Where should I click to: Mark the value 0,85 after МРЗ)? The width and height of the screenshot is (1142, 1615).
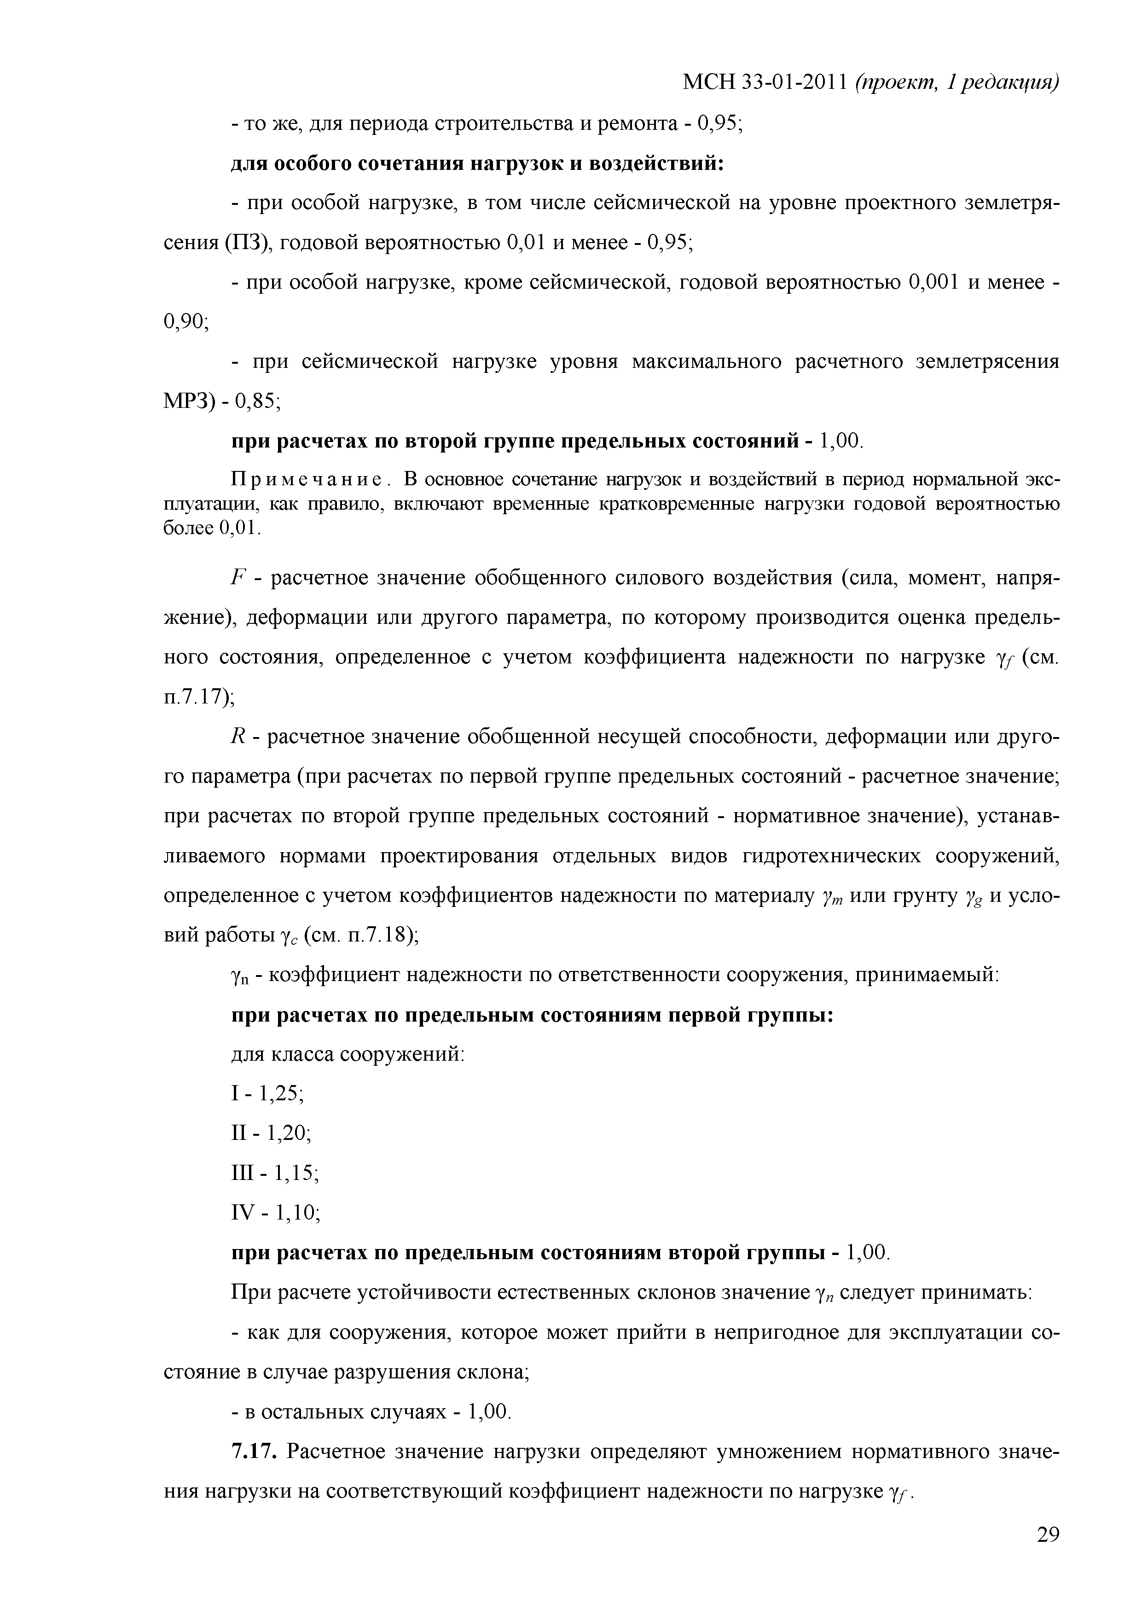pos(257,401)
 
